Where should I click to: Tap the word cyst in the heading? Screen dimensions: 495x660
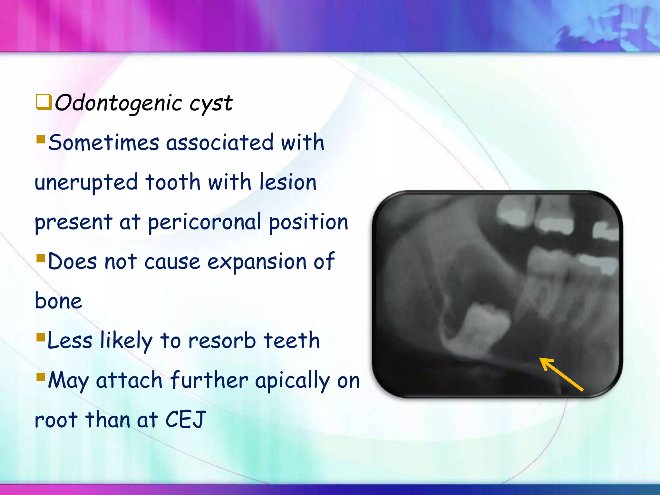coord(211,104)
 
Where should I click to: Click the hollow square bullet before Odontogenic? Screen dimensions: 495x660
coord(44,102)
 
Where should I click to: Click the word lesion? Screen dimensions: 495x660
coord(288,182)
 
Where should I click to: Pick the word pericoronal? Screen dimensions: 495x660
coord(204,222)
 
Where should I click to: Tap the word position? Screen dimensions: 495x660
coord(308,222)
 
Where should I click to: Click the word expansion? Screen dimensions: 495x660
coord(257,262)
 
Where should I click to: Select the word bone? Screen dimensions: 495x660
coord(58,301)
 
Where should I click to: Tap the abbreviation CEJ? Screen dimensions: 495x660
coord(185,420)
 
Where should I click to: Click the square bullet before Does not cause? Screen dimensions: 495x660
coord(41,257)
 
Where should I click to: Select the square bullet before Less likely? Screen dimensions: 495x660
coord(41,337)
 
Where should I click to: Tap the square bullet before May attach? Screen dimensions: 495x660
coord(41,376)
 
